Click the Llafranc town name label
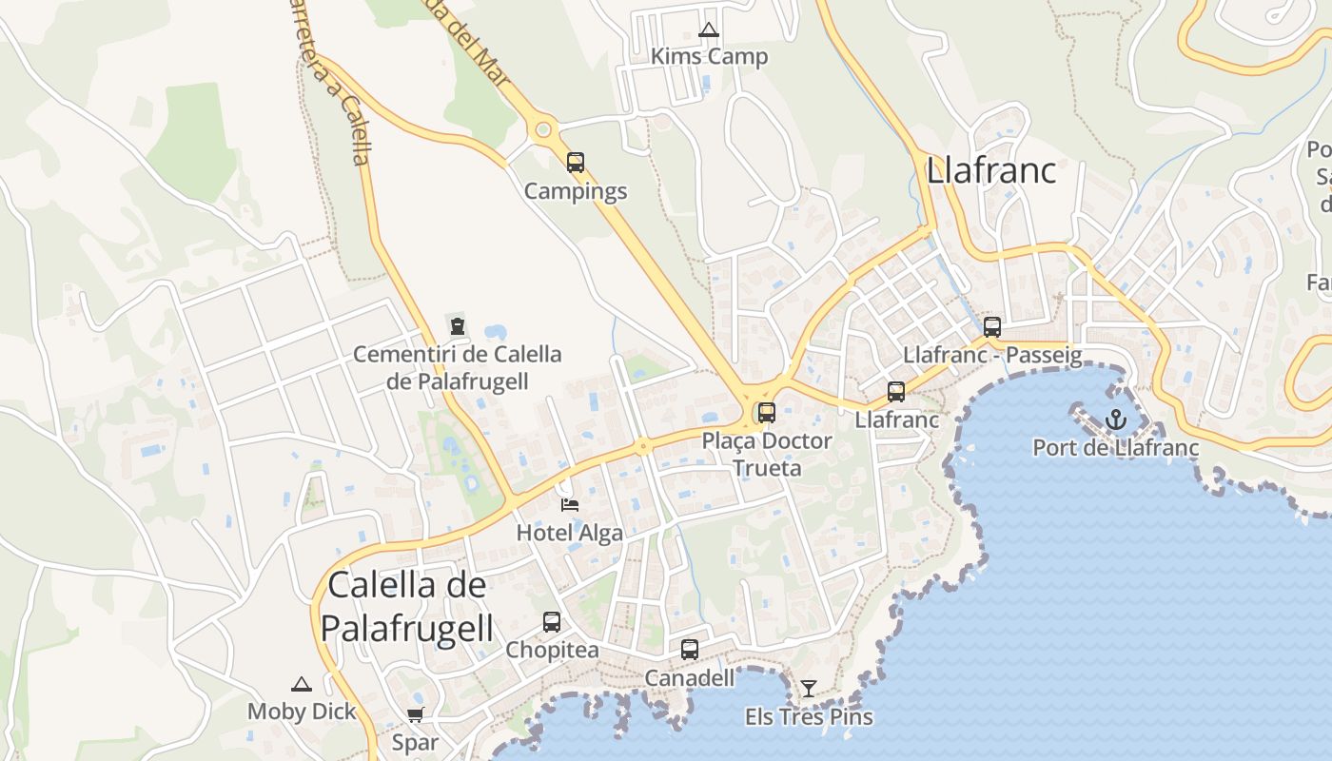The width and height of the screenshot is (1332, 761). pos(990,171)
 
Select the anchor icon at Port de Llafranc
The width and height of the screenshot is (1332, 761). pos(1115,419)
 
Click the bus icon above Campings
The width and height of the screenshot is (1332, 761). pos(576,163)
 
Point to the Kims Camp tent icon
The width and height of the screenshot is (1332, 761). pos(708,30)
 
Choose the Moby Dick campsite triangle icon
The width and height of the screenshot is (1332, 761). pos(302,684)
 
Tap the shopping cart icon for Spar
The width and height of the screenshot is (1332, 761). pos(415,714)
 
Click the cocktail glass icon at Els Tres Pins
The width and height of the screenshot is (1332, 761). pos(809,688)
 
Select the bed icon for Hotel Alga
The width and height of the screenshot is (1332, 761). pos(570,504)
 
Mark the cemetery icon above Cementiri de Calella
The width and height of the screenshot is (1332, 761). pos(458,326)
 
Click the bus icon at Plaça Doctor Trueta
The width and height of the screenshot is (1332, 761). pos(767,413)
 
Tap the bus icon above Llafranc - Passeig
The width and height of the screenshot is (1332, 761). pos(992,327)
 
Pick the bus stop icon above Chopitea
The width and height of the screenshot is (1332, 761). pos(552,622)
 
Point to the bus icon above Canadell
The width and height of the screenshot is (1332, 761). pos(690,650)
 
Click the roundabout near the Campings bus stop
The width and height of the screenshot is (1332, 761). pos(543,129)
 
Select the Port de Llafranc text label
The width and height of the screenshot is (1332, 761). pos(1115,448)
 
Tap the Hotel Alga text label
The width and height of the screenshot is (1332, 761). pos(569,533)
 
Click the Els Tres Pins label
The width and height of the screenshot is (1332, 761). pos(809,716)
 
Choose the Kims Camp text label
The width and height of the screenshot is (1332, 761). pos(709,57)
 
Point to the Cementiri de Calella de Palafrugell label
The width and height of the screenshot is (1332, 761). pos(458,367)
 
